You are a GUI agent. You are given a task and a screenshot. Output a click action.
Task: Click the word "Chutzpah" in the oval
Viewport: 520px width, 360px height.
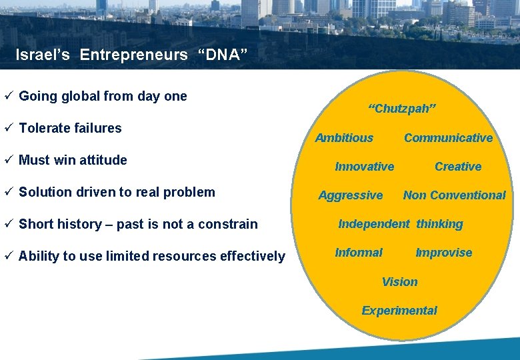click(x=402, y=109)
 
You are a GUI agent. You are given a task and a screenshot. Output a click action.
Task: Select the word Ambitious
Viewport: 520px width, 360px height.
click(x=344, y=138)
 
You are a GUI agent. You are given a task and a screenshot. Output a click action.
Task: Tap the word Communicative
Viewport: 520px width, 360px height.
click(x=448, y=138)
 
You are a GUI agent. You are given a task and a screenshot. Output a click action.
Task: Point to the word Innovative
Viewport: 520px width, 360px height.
click(x=364, y=167)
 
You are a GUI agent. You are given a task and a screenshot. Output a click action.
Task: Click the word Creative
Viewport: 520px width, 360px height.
click(x=458, y=167)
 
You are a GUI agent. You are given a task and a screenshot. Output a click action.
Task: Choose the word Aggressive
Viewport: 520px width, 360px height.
click(x=351, y=195)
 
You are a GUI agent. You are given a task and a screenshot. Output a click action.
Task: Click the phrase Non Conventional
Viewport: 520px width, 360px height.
click(x=454, y=195)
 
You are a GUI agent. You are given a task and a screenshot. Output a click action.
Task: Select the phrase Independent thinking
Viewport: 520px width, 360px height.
click(x=400, y=224)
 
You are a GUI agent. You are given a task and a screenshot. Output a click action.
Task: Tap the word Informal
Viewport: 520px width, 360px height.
click(x=359, y=253)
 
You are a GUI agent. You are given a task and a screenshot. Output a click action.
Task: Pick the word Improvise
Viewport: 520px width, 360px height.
click(x=443, y=253)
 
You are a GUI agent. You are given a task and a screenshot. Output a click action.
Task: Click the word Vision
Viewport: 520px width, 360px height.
click(x=399, y=282)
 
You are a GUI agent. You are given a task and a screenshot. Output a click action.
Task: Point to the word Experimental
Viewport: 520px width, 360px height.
click(x=399, y=311)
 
